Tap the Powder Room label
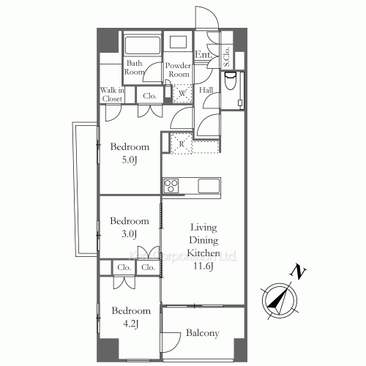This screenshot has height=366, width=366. pyautogui.click(x=179, y=70)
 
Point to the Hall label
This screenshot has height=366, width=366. pyautogui.click(x=206, y=90)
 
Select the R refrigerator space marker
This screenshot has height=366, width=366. pyautogui.click(x=181, y=143)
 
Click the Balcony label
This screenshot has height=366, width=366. pyautogui.click(x=202, y=334)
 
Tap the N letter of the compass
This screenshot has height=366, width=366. pyautogui.click(x=297, y=273)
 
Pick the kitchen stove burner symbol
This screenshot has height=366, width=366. pyautogui.click(x=171, y=184)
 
